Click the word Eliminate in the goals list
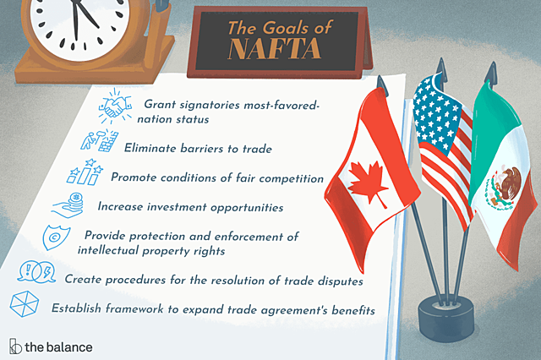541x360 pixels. pyautogui.click(x=153, y=149)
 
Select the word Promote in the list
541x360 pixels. pyautogui.click(x=134, y=178)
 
